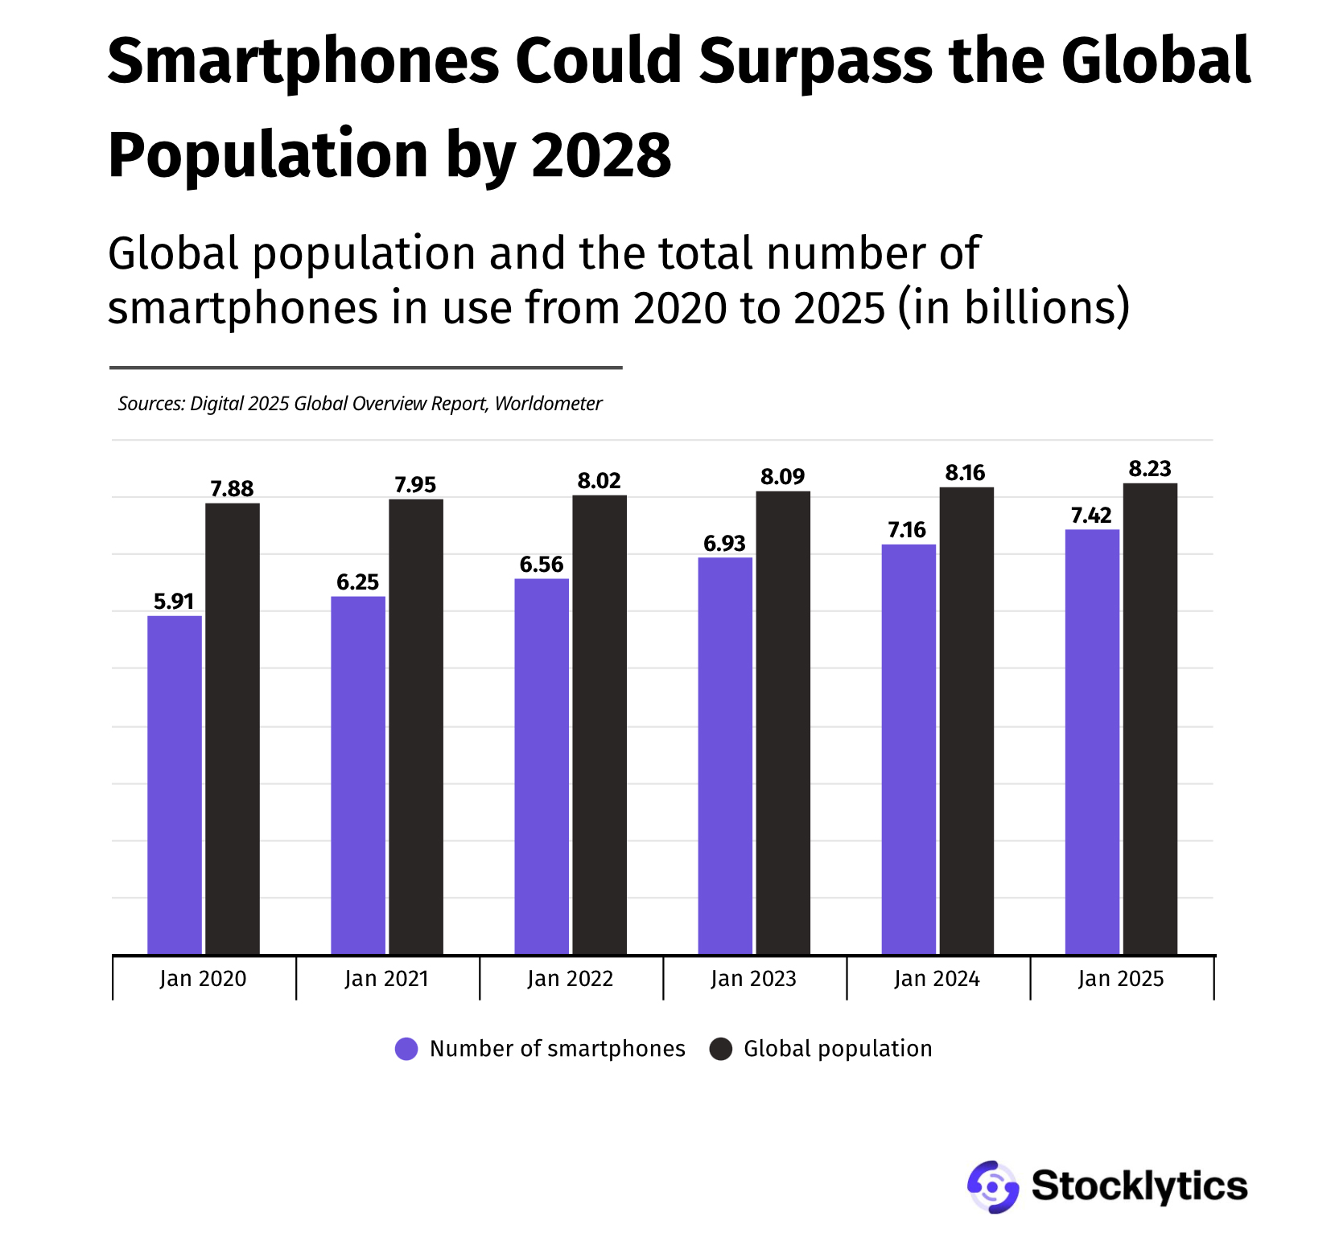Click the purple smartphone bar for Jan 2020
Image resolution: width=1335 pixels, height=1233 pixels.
click(175, 784)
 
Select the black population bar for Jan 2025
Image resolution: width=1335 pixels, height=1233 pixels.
click(1150, 718)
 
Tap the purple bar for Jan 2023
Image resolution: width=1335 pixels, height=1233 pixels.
click(725, 755)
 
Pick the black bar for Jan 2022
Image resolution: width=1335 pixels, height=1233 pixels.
click(600, 724)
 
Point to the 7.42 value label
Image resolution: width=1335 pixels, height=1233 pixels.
click(1091, 516)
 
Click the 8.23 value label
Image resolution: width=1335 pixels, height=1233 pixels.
click(1150, 469)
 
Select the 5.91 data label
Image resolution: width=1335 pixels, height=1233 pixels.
click(174, 602)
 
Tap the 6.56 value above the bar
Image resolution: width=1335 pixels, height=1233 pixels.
click(542, 565)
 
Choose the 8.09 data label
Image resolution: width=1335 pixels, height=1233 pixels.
click(782, 477)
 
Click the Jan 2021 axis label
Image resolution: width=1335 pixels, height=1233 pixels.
click(386, 979)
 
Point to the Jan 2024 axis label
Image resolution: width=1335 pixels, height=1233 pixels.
click(937, 979)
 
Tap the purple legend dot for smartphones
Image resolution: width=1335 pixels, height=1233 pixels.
click(406, 1049)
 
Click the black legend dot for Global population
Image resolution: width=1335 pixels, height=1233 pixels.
click(721, 1049)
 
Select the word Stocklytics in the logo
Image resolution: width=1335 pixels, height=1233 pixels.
click(1139, 1186)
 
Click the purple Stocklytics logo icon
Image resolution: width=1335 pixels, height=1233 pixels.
click(993, 1186)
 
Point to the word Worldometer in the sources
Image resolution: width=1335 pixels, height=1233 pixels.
click(548, 404)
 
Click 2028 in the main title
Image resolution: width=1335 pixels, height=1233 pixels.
click(601, 155)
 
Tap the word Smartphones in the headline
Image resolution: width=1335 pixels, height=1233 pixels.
click(303, 61)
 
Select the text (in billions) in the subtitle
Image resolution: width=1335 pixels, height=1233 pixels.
click(1013, 307)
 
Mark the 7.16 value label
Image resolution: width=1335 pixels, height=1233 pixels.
click(907, 530)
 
